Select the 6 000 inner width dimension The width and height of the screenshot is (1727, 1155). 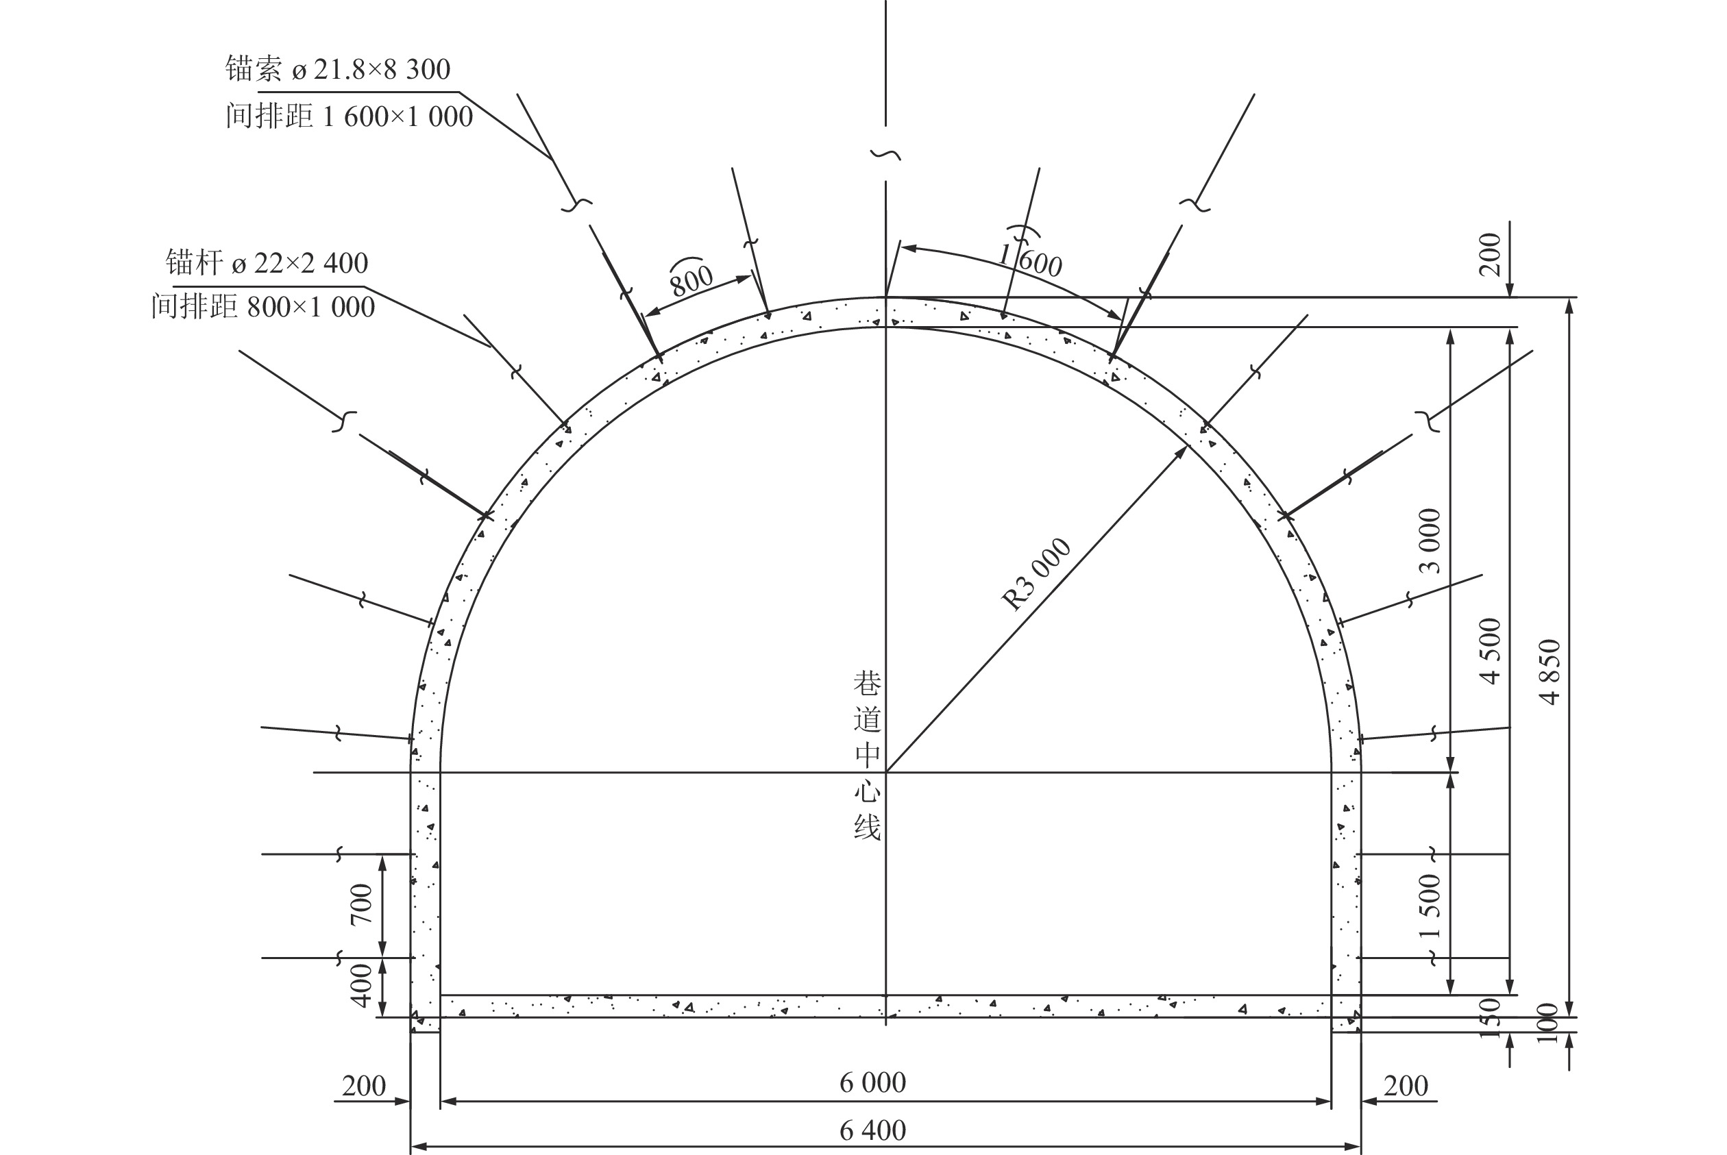[872, 1082]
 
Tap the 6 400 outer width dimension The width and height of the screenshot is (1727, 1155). [872, 1130]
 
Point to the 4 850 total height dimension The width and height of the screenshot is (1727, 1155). [1550, 672]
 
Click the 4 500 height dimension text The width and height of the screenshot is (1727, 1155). [1490, 651]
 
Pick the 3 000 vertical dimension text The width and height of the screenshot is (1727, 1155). [1430, 541]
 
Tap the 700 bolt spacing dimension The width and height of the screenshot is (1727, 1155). [361, 905]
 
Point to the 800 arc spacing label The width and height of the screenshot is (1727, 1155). [690, 277]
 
